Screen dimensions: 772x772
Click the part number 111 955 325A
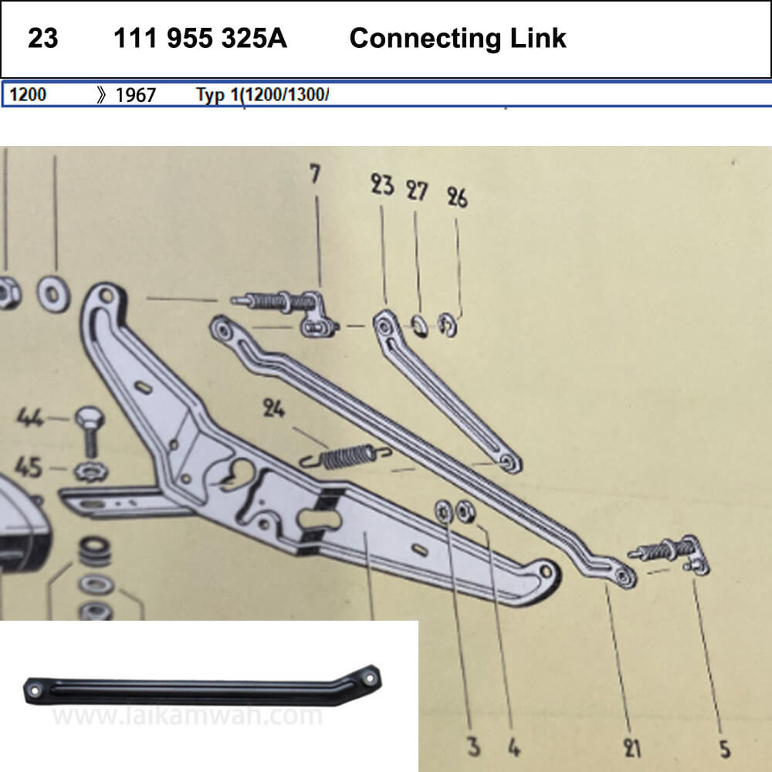(200, 39)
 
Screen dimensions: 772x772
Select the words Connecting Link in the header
(458, 39)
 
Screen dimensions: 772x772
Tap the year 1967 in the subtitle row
(135, 95)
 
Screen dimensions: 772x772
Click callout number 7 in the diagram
(314, 175)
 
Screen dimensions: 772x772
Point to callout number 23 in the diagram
(382, 185)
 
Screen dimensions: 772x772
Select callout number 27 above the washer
(418, 191)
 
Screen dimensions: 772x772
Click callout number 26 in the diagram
(457, 198)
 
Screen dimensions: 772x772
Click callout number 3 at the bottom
(473, 747)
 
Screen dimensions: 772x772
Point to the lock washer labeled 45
(91, 469)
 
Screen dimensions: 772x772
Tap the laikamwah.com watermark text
(187, 716)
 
